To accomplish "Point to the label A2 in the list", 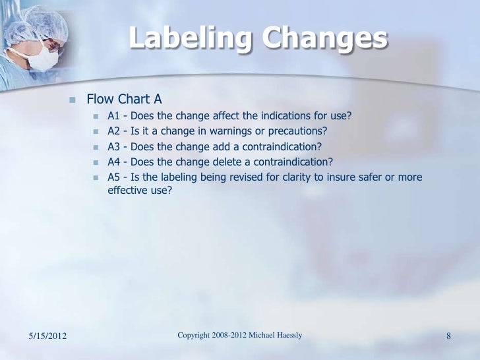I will [113, 132].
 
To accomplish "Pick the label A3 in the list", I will [113, 147].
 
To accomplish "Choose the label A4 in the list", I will [113, 162].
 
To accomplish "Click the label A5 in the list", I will [113, 177].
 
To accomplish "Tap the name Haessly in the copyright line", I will [286, 336].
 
